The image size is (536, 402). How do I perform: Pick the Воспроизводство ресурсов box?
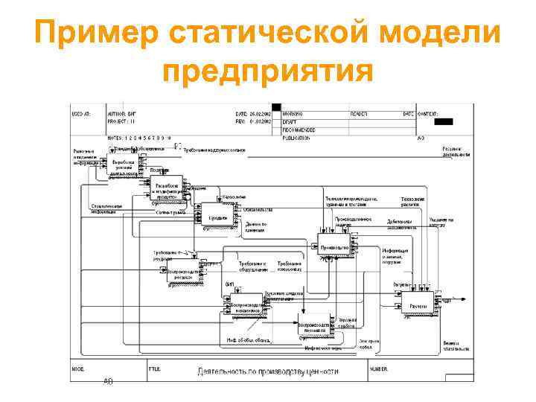[x=182, y=272]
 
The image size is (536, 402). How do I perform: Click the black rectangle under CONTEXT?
[x=443, y=121]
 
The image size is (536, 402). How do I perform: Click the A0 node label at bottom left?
[x=109, y=380]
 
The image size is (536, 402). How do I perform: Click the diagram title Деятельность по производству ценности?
[x=267, y=371]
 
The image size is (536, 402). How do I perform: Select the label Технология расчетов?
[x=412, y=202]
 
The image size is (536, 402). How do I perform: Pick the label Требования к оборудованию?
[x=252, y=266]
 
